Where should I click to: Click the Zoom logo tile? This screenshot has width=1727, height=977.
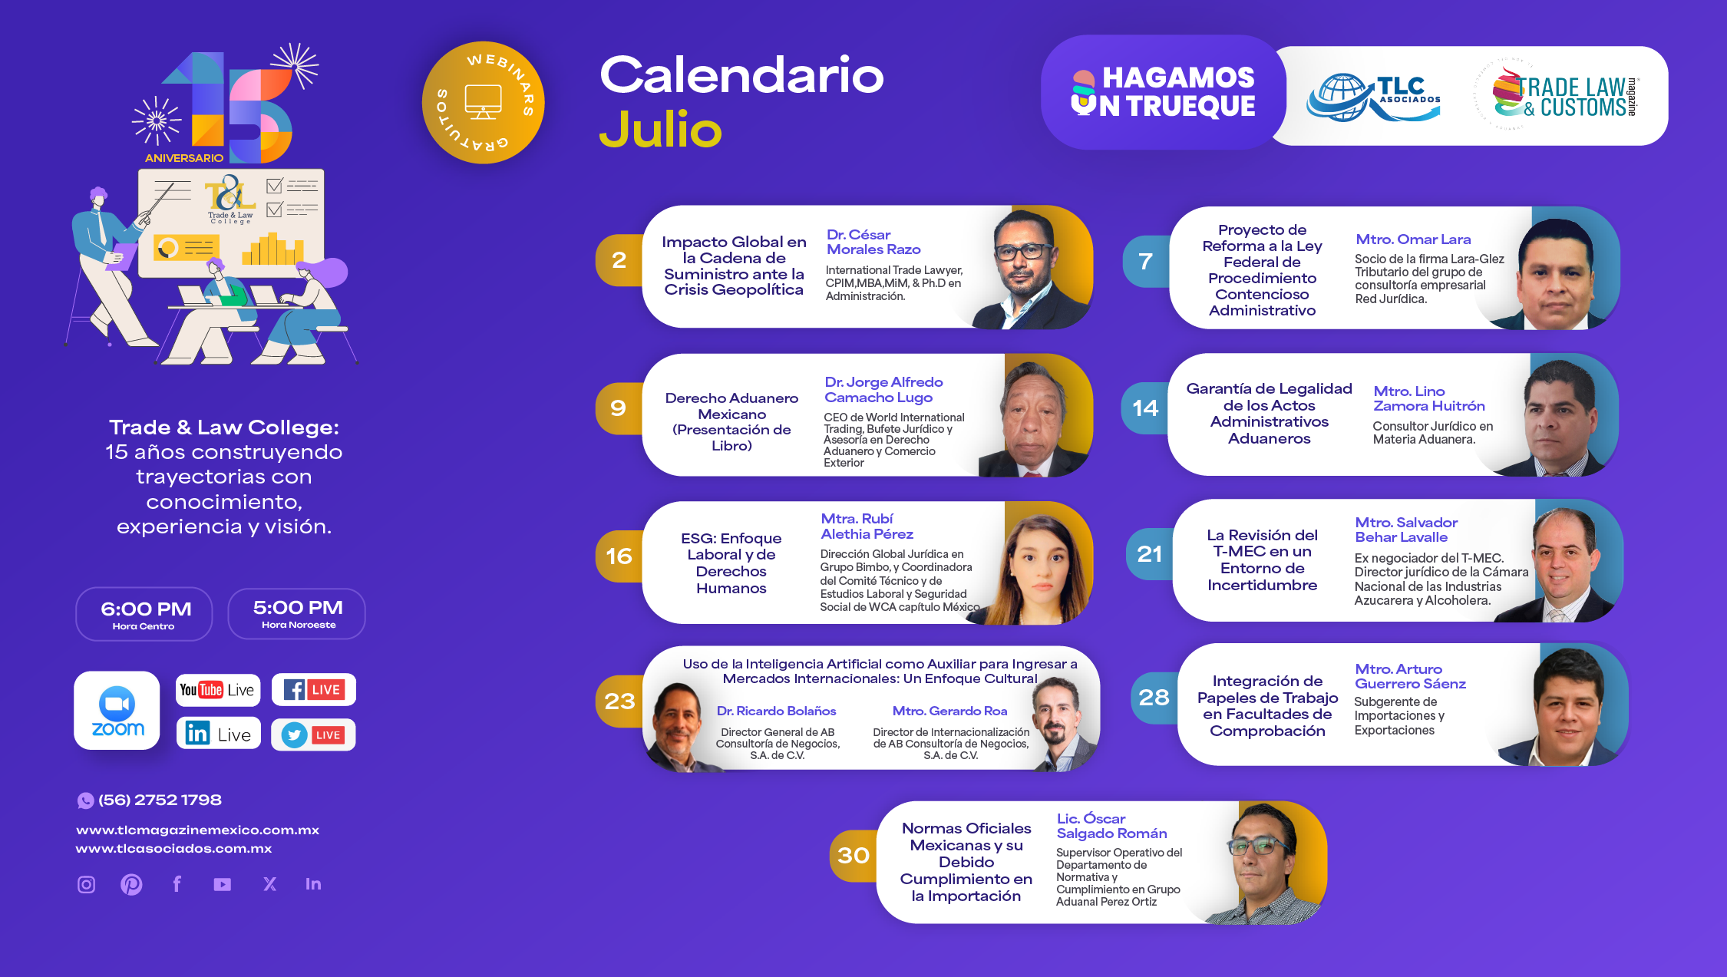point(117,710)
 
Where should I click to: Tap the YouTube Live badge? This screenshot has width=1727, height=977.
point(218,689)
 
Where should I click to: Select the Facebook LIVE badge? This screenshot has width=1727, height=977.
point(314,689)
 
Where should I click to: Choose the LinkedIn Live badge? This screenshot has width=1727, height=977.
point(219,734)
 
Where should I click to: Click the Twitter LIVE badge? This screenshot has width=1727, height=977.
point(313,734)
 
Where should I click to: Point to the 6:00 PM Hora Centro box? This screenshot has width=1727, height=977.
point(144,614)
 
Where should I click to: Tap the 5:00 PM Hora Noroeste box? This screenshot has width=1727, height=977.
point(297,613)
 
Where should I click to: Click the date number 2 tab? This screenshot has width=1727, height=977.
point(619,260)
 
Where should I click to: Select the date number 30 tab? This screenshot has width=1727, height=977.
point(854,855)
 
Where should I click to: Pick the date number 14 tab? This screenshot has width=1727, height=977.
point(1145,408)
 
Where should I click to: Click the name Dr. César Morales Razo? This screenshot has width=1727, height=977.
point(873,242)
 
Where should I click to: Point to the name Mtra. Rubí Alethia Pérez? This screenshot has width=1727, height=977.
point(867,526)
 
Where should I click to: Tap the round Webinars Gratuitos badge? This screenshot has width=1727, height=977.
point(484,102)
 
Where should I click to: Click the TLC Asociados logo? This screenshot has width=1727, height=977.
point(1373,97)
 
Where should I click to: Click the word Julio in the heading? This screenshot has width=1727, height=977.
point(660,129)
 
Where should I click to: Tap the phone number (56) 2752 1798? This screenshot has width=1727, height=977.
point(160,800)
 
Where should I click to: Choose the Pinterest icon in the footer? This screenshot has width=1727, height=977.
point(131,884)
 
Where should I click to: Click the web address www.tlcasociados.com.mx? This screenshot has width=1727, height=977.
point(173,848)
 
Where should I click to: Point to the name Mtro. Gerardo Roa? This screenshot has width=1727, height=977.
point(949,711)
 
